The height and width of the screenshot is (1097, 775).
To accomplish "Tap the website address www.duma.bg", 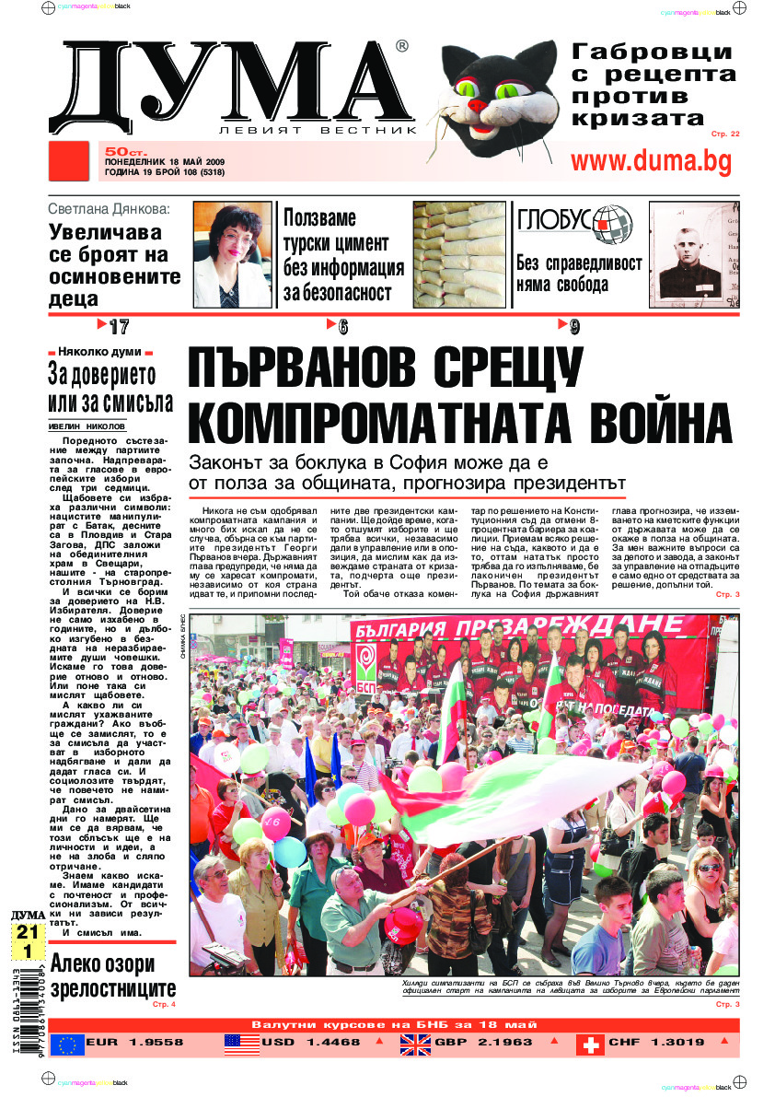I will click(651, 161).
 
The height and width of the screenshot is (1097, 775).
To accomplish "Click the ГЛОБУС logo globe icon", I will click(613, 220).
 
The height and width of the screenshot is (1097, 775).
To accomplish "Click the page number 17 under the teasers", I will click(118, 326).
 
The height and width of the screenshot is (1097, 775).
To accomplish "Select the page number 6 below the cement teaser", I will click(342, 326).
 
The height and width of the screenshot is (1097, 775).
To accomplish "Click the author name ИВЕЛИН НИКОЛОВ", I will click(87, 426).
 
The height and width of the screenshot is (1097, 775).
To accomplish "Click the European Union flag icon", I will click(66, 1044).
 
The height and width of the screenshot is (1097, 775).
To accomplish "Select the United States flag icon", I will click(242, 1044).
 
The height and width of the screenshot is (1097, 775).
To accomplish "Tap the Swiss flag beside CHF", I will click(590, 1044).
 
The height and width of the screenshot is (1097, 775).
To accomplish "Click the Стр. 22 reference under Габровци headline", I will click(725, 134).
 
